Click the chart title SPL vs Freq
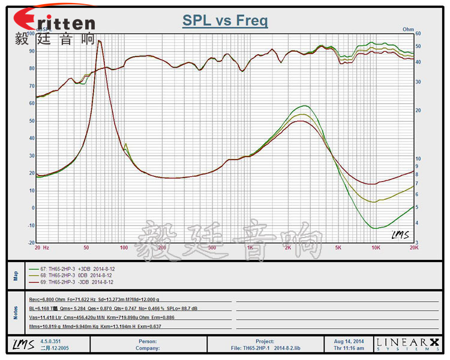[225, 21]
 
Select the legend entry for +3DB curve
[71, 269]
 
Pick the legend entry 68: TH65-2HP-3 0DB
[71, 275]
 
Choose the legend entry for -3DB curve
[71, 282]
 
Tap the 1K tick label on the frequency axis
[250, 247]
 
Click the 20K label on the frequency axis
[413, 247]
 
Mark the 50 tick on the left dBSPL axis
[31, 121]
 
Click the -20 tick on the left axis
[30, 243]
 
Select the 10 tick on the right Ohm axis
[418, 159]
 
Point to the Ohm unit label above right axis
[409, 29]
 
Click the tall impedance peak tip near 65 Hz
[100, 41]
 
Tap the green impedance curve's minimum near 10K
[375, 228]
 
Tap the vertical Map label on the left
[16, 276]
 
